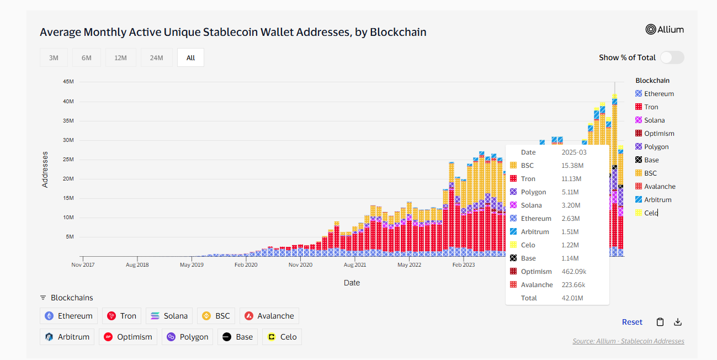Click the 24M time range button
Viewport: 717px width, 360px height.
(156, 57)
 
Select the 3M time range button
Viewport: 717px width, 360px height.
(54, 57)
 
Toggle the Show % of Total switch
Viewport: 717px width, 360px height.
(672, 57)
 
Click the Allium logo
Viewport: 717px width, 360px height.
(665, 30)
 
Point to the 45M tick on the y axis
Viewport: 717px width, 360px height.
(68, 82)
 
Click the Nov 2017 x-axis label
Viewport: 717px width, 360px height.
(83, 264)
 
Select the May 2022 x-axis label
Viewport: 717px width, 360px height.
(409, 264)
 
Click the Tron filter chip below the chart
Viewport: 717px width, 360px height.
(122, 316)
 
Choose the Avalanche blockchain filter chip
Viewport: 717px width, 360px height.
(269, 316)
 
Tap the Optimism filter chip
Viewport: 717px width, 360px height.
(128, 337)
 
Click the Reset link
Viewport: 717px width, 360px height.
(632, 322)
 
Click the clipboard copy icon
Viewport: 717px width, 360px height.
(660, 322)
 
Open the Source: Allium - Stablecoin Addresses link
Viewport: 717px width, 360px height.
(628, 341)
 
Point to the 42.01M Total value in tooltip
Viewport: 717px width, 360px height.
(572, 298)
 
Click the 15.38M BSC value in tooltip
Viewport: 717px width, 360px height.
(572, 166)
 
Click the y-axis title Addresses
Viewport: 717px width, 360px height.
(45, 170)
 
